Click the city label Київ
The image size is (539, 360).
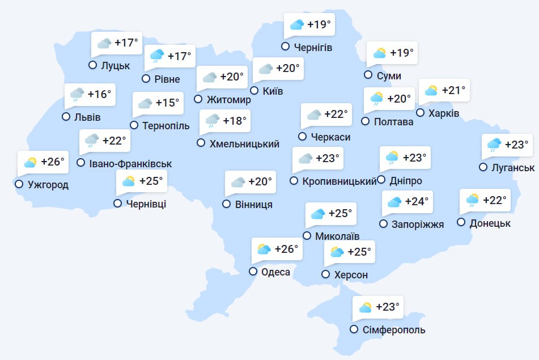[273, 91]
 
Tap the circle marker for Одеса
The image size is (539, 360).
[253, 272]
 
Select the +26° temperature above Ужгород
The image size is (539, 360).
[53, 162]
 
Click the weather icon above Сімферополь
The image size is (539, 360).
[366, 308]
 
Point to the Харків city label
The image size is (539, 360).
[444, 113]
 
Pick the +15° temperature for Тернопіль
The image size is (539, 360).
[167, 103]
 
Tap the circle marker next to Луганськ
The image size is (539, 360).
[483, 167]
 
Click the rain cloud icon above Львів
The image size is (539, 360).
[77, 95]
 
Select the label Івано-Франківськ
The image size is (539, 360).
[130, 164]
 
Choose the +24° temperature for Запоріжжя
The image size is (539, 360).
[417, 201]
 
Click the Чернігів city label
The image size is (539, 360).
[313, 47]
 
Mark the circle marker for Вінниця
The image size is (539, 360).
[227, 204]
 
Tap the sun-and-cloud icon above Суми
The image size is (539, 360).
[379, 53]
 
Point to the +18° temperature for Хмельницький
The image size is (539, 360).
[235, 121]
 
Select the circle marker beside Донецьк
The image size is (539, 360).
[461, 223]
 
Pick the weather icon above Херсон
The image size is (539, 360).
[337, 252]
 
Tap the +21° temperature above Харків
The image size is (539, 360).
[453, 90]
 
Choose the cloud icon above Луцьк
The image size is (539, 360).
[104, 43]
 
